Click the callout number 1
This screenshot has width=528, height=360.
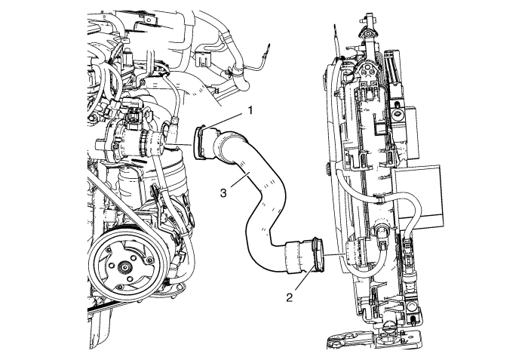(250, 110)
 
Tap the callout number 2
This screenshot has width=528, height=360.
(289, 297)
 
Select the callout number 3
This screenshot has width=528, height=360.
(223, 192)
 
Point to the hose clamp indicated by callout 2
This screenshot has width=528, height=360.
(318, 254)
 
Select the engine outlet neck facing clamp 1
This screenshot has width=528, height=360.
(156, 143)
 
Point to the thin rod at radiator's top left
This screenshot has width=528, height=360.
(337, 40)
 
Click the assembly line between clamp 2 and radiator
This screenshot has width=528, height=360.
(335, 254)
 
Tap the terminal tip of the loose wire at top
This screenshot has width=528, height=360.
(269, 45)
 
